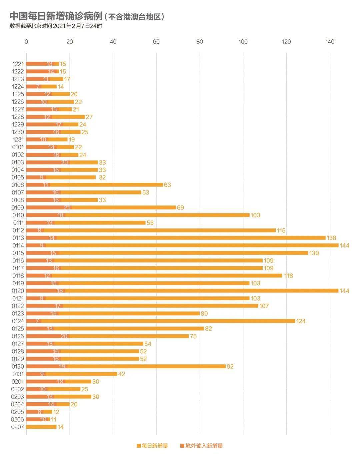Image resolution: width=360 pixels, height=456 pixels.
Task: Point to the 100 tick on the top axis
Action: pyautogui.click(x=243, y=42)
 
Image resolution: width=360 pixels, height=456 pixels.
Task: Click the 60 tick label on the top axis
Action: pyautogui.click(x=156, y=42)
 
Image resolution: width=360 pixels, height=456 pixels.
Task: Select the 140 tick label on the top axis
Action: pyautogui.click(x=330, y=42)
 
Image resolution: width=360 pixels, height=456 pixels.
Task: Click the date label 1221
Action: pyautogui.click(x=18, y=64)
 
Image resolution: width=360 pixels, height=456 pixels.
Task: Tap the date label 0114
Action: pyautogui.click(x=18, y=246)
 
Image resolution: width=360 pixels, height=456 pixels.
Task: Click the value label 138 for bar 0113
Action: pyautogui.click(x=331, y=238)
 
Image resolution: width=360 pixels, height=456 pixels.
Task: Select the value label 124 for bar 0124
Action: pyautogui.click(x=301, y=321)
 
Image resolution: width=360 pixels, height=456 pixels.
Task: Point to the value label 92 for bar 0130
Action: pyautogui.click(x=230, y=366)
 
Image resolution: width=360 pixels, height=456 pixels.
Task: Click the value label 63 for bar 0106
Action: pyautogui.click(x=167, y=185)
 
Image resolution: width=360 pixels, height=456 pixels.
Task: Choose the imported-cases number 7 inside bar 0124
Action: pyautogui.click(x=38, y=321)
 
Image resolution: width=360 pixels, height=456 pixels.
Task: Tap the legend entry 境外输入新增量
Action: pyautogui.click(x=201, y=446)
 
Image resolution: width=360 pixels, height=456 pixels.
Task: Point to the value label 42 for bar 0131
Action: pyautogui.click(x=121, y=374)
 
